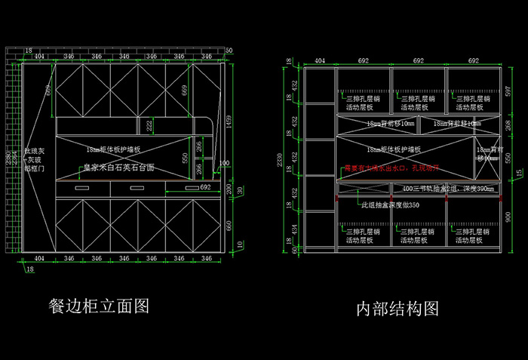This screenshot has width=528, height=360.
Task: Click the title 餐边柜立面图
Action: pos(98,305)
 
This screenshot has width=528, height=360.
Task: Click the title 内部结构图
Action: pos(398,308)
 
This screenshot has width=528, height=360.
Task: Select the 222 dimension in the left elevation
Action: pos(149,125)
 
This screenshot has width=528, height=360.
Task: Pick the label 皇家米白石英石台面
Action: pos(118,167)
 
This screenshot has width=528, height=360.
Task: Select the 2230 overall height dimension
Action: pos(280,159)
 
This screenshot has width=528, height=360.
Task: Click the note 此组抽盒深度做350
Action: pos(390,205)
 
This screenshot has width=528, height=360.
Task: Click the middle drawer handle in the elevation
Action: pos(138,186)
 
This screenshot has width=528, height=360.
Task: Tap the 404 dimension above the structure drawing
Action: pos(320,60)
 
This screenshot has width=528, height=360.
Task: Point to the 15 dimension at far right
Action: pos(518,174)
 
